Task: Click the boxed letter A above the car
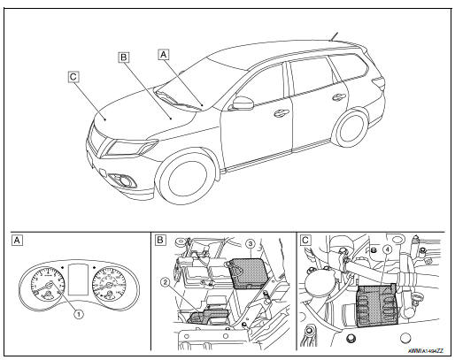point(163,53)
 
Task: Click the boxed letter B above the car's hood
point(124,59)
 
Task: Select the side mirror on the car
point(241,103)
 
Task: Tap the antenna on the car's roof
point(335,37)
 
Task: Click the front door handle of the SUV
point(281,113)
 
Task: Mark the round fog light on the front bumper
point(130,183)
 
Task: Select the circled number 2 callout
point(165,282)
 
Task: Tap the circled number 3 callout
point(251,241)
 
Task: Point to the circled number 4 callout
point(387,249)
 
